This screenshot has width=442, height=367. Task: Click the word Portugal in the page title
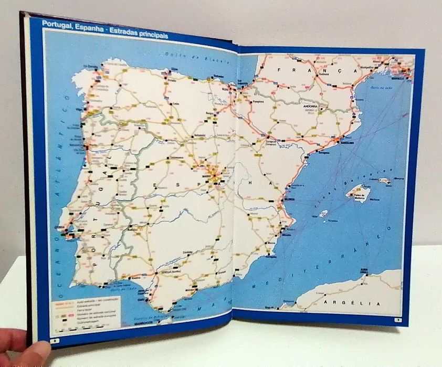click(x=57, y=24)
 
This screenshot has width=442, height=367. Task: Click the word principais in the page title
click(x=150, y=35)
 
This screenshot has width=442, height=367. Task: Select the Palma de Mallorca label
click(x=359, y=198)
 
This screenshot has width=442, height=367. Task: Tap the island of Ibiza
click(x=323, y=214)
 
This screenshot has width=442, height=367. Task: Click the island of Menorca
click(x=385, y=181)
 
